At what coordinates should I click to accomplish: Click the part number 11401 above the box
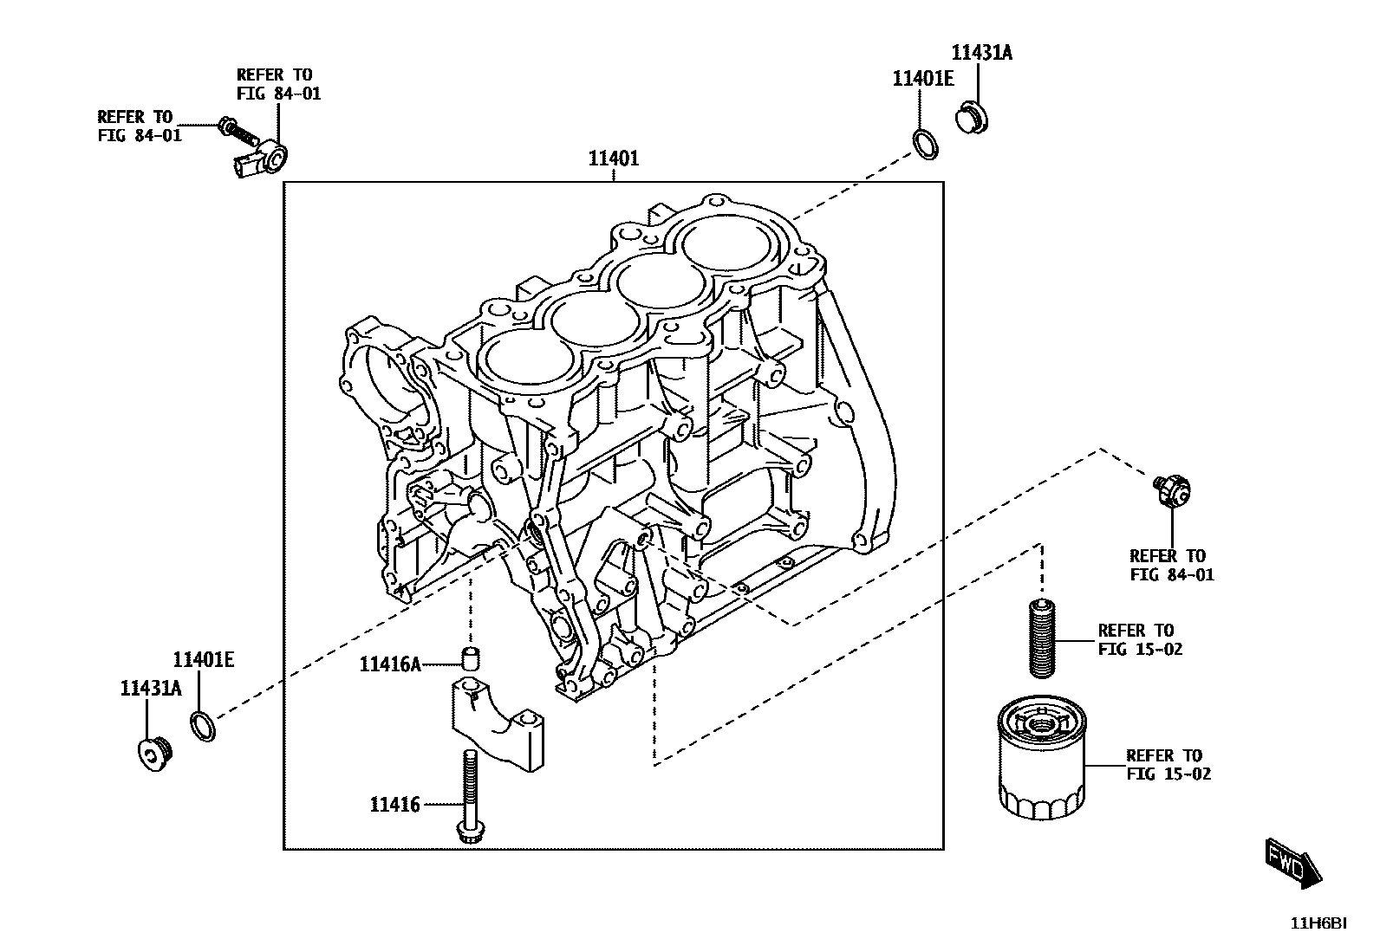(x=613, y=159)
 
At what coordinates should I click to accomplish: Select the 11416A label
(x=390, y=664)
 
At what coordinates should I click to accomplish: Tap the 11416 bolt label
(x=394, y=805)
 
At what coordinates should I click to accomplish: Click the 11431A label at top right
(x=981, y=53)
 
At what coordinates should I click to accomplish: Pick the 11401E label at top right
(x=923, y=79)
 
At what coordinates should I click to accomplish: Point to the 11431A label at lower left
(x=151, y=689)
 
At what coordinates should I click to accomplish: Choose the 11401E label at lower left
(x=203, y=660)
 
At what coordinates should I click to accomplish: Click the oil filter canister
(x=1040, y=761)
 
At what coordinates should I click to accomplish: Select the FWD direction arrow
(x=1292, y=863)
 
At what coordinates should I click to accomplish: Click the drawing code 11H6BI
(x=1318, y=923)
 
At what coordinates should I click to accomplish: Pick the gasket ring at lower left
(x=202, y=726)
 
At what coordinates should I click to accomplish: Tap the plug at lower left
(x=155, y=754)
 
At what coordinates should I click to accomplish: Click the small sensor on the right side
(x=1172, y=490)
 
